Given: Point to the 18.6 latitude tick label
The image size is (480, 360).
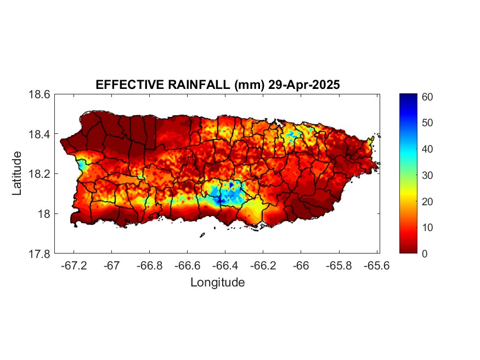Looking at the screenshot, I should [x=40, y=94].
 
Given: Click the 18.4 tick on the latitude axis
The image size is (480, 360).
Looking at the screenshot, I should [x=40, y=134].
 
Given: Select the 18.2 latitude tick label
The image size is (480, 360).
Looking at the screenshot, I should [x=40, y=174].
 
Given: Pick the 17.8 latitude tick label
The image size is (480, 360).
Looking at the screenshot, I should [x=40, y=254].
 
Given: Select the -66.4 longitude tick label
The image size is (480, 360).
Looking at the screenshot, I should [x=226, y=266].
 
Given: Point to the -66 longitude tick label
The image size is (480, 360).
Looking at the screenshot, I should [x=301, y=266].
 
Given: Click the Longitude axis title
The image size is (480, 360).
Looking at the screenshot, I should [x=217, y=283].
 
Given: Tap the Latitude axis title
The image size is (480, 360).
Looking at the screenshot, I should [x=18, y=173].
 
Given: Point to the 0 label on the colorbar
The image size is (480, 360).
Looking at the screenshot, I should [x=424, y=254].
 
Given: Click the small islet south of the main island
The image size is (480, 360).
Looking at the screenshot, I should [x=202, y=235].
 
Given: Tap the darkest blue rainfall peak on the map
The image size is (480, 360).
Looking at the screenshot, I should [x=220, y=201].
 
